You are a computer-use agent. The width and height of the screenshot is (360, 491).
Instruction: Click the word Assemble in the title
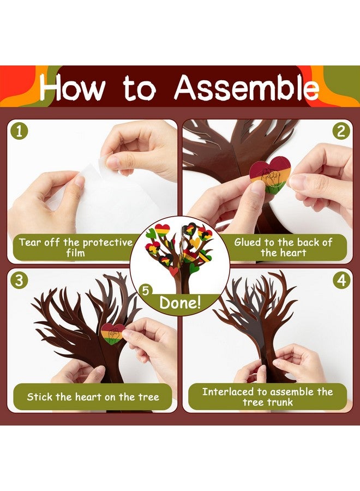[x=246, y=88]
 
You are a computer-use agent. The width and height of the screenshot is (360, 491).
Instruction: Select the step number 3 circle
[x=20, y=281]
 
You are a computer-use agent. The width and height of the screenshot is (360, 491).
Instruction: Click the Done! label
[x=180, y=303]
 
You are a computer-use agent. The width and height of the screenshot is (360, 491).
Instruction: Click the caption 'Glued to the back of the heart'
[x=283, y=247]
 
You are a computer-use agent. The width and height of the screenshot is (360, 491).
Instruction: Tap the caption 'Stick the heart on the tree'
[x=93, y=397]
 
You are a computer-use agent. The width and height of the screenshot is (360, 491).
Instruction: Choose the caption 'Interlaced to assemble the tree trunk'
[x=267, y=397]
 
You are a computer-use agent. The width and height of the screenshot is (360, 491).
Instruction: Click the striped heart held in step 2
[x=269, y=175]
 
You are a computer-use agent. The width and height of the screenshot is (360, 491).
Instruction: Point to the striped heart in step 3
[x=113, y=333]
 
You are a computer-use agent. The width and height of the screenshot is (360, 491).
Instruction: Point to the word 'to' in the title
[x=140, y=88]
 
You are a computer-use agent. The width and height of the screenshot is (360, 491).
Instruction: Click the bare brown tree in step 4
[x=256, y=322]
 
